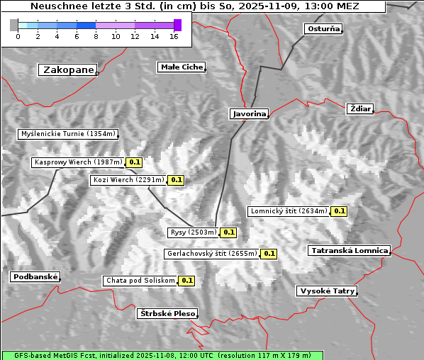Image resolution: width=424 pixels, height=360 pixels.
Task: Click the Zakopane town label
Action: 68,69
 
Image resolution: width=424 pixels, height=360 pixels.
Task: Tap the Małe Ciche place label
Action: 181,67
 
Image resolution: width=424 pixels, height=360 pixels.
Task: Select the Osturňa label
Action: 323,29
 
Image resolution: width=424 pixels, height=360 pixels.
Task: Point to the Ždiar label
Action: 359,108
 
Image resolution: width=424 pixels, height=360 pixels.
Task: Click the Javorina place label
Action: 249,113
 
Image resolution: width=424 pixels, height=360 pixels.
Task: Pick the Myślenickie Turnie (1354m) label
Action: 67,134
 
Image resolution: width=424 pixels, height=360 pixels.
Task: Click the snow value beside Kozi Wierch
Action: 176,180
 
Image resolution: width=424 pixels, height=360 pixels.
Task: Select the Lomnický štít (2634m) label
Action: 289,210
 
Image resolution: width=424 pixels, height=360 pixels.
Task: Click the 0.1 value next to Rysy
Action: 229,232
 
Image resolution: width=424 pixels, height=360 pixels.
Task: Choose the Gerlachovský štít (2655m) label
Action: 211,253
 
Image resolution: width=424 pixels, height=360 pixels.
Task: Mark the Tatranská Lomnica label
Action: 349,250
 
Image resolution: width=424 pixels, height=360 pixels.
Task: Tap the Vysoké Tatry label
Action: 326,291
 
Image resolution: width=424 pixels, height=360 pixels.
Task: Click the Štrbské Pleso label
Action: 167,313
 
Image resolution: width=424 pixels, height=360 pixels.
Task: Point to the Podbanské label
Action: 34,277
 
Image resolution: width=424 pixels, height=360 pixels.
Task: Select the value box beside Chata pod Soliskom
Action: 186,280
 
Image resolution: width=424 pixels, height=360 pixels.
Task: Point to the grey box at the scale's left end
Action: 13,25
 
